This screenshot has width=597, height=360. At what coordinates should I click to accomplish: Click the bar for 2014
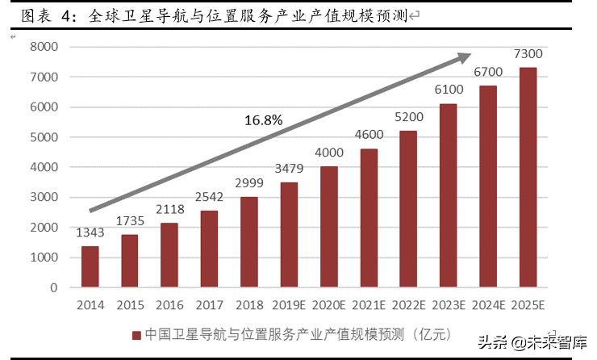(90, 266)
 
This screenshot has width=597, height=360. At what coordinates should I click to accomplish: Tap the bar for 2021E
(369, 218)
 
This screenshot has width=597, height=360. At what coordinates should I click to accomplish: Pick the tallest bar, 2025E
(527, 177)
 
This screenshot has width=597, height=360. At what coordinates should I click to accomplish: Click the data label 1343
(90, 234)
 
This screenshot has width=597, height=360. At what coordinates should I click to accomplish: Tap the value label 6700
(488, 72)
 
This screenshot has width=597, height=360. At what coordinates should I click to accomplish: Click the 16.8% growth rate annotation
(263, 120)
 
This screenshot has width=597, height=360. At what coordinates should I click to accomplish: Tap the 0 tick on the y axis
(53, 287)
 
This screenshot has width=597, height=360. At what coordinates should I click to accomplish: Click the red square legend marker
(137, 334)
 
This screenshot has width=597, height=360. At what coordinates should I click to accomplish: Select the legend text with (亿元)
(299, 334)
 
